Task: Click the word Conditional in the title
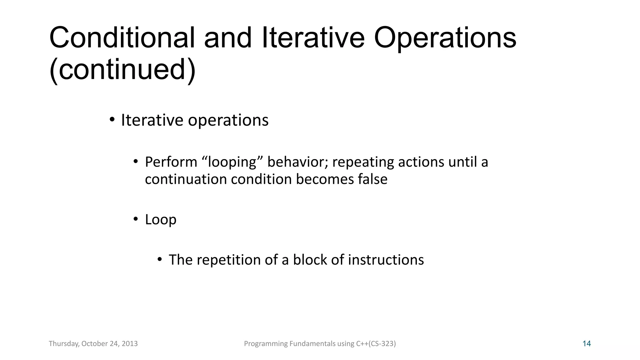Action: click(x=122, y=38)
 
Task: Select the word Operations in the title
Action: click(x=445, y=38)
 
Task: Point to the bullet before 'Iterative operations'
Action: click(x=112, y=120)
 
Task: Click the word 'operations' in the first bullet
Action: click(x=228, y=120)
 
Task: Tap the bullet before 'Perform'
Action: click(x=136, y=162)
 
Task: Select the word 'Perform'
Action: click(x=171, y=162)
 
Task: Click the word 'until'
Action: click(x=462, y=162)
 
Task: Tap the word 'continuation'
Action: click(x=186, y=179)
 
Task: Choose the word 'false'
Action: click(x=372, y=179)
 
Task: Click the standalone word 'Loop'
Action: click(x=161, y=219)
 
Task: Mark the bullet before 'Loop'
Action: click(x=136, y=219)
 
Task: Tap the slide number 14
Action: click(x=587, y=344)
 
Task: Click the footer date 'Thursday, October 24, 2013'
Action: click(x=93, y=344)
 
